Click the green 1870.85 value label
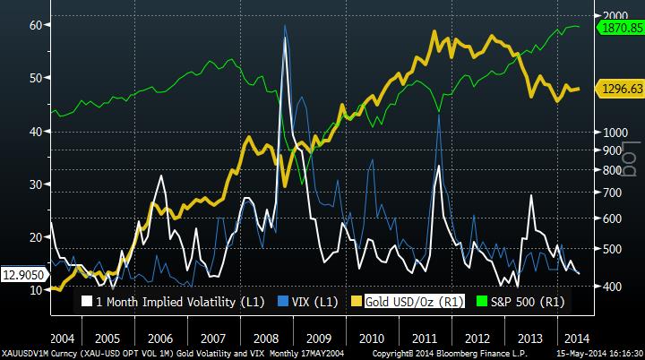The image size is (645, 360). click(x=621, y=29)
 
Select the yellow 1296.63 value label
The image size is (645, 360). click(x=621, y=90)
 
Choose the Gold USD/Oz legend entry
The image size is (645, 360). click(x=402, y=302)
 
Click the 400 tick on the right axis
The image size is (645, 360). click(x=613, y=286)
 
